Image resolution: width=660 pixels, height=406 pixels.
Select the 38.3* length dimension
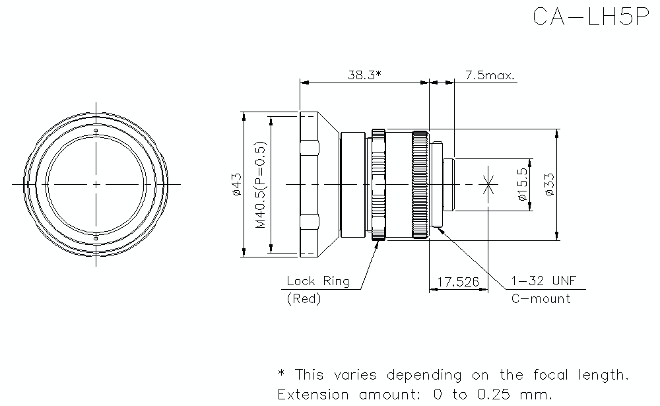click(x=364, y=75)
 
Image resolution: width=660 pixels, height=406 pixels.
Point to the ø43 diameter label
click(x=236, y=184)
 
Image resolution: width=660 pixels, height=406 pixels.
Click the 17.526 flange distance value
click(x=458, y=282)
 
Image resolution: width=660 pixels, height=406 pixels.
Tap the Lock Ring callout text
click(x=317, y=281)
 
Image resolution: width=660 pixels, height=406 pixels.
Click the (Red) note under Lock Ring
click(x=304, y=299)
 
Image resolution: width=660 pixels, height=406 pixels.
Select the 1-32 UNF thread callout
click(x=543, y=281)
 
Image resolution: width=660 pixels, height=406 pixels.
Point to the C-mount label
click(x=541, y=298)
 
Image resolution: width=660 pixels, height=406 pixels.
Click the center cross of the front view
click(x=96, y=184)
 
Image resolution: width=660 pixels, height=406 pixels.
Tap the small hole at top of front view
click(x=96, y=131)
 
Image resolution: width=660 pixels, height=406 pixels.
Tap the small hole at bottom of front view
click(x=96, y=236)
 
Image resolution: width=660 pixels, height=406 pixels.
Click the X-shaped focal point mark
click(x=488, y=184)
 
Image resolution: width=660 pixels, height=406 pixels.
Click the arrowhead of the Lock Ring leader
click(x=378, y=244)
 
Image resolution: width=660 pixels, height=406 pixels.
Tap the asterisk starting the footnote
click(x=282, y=374)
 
